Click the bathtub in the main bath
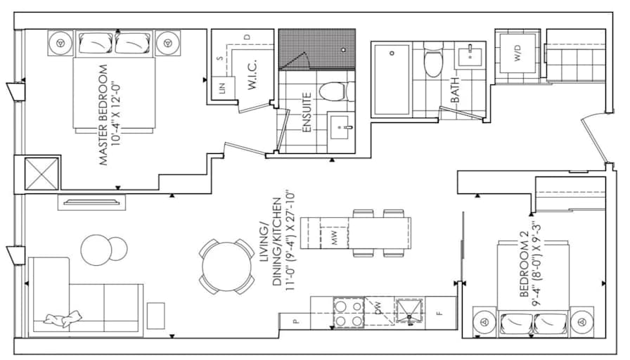coord(391,79)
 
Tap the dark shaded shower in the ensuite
coord(312,49)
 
